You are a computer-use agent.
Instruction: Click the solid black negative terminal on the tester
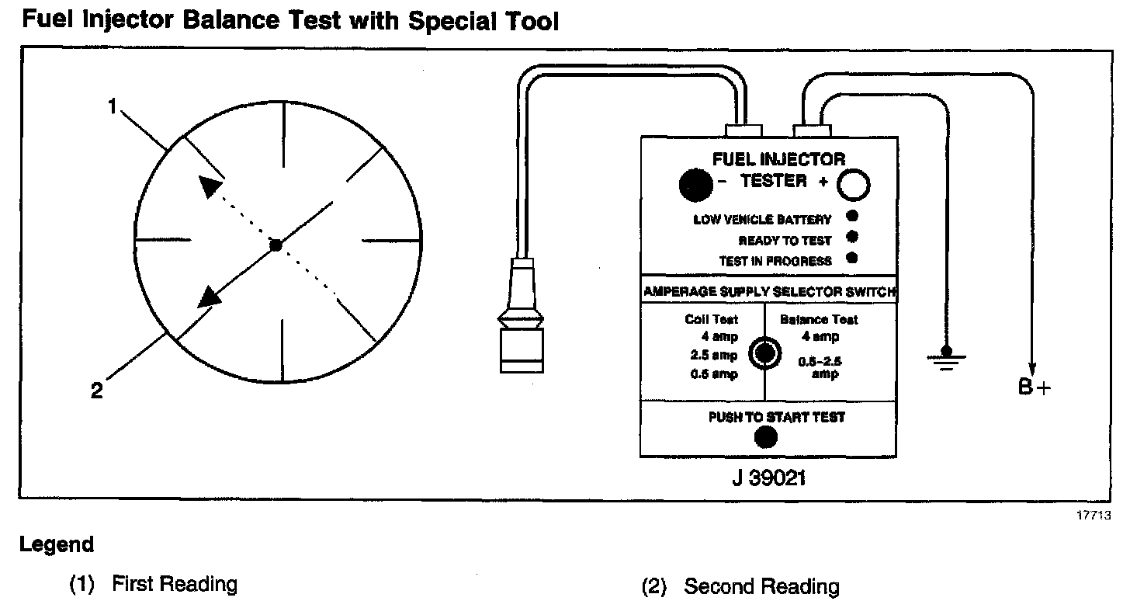(x=695, y=185)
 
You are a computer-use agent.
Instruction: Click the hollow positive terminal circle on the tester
(x=853, y=186)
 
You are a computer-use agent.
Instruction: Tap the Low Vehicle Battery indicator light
(x=851, y=217)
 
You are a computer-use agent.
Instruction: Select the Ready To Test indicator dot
(x=851, y=238)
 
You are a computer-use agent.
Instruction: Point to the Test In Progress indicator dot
(x=851, y=259)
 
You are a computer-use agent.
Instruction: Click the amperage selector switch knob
(x=765, y=354)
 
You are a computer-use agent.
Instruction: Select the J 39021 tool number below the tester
(x=768, y=478)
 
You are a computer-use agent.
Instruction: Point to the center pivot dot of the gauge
(x=275, y=245)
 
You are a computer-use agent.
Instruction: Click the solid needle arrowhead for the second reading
(x=208, y=296)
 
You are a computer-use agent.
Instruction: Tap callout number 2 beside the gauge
(x=96, y=391)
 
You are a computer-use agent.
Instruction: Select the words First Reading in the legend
(x=175, y=584)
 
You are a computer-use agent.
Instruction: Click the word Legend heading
(x=57, y=545)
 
